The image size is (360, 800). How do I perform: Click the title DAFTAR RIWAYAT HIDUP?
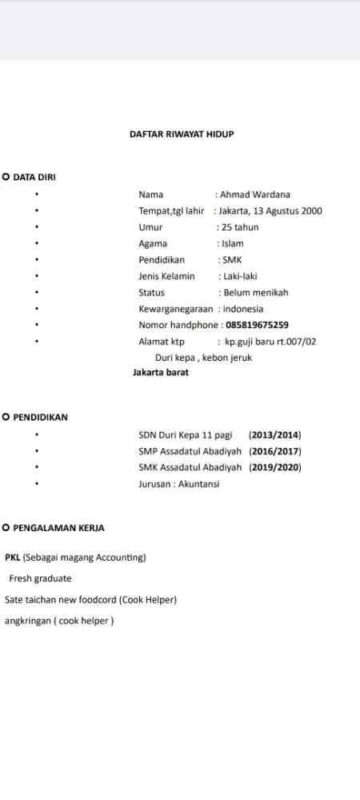[182, 134]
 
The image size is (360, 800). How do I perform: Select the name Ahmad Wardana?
[255, 194]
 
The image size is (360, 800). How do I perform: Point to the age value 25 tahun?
[243, 227]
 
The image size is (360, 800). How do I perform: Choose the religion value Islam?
[233, 243]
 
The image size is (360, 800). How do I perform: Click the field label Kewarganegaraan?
[176, 309]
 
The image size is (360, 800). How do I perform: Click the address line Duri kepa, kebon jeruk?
[203, 358]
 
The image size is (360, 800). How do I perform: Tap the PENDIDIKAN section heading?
[41, 417]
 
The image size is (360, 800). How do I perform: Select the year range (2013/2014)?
[275, 435]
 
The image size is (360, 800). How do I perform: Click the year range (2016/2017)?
[275, 451]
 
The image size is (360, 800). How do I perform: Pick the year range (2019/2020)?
[275, 467]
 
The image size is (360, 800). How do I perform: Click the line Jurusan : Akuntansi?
[179, 484]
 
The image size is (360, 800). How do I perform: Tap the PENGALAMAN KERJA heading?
[58, 528]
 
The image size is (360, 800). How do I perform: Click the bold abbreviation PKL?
[13, 557]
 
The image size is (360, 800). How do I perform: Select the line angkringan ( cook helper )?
[59, 620]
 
